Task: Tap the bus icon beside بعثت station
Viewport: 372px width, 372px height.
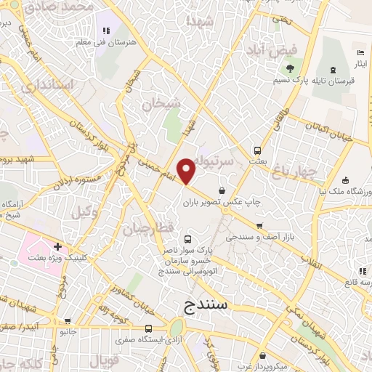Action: pyautogui.click(x=256, y=150)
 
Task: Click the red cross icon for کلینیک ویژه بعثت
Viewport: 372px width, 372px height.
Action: pyautogui.click(x=57, y=246)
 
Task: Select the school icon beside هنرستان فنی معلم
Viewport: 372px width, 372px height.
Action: pyautogui.click(x=107, y=31)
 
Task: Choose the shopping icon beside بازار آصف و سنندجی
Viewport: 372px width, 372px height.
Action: pyautogui.click(x=258, y=226)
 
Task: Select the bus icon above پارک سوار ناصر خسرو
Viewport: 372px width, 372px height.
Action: pyautogui.click(x=188, y=239)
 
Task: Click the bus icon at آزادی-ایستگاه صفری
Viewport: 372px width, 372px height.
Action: pyautogui.click(x=149, y=328)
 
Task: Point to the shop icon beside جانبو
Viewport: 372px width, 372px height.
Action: pyautogui.click(x=67, y=320)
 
